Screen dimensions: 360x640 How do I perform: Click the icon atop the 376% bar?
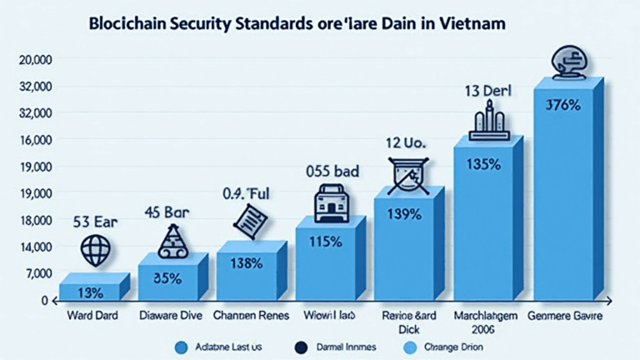570,62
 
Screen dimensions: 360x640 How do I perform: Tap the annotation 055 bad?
332,172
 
